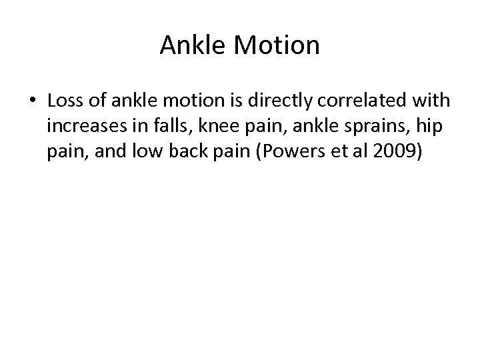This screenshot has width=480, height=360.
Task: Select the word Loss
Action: [66, 101]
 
